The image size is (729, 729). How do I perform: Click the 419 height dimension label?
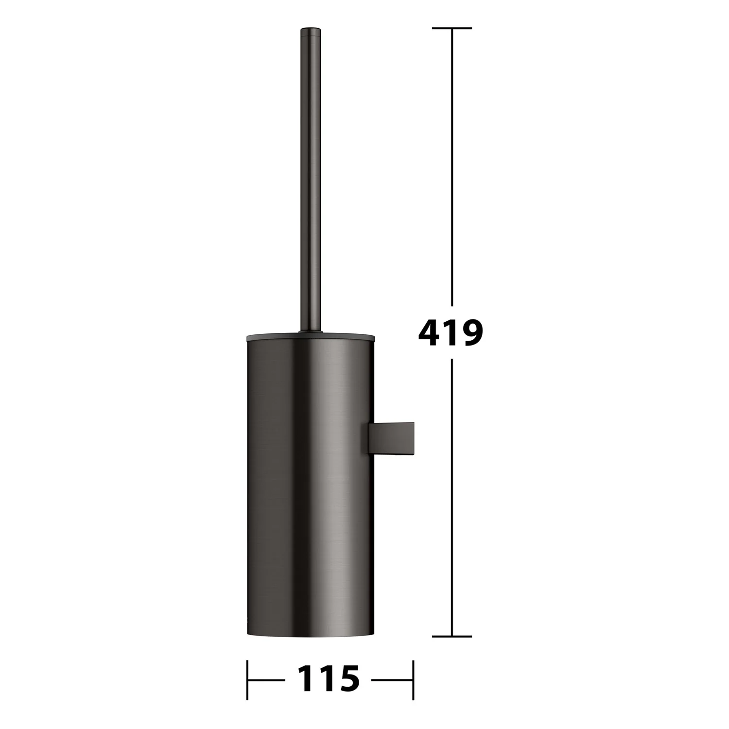pos(451,333)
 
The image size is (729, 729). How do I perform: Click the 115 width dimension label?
pos(329,679)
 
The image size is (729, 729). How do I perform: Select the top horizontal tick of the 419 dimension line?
pos(452,28)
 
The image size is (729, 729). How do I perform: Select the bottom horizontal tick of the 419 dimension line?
pos(452,636)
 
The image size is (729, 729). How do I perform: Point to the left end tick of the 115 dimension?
pos(247,679)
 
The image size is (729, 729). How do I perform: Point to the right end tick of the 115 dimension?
pos(413,679)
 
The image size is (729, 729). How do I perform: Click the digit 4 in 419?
pos(429,333)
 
